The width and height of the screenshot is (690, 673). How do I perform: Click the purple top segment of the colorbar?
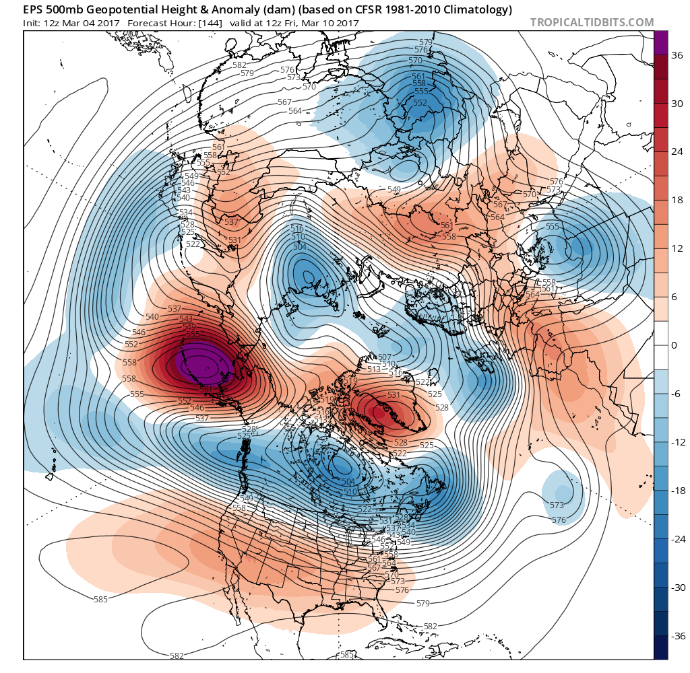click(662, 42)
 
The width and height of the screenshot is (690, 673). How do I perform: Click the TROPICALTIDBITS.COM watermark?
click(592, 22)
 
